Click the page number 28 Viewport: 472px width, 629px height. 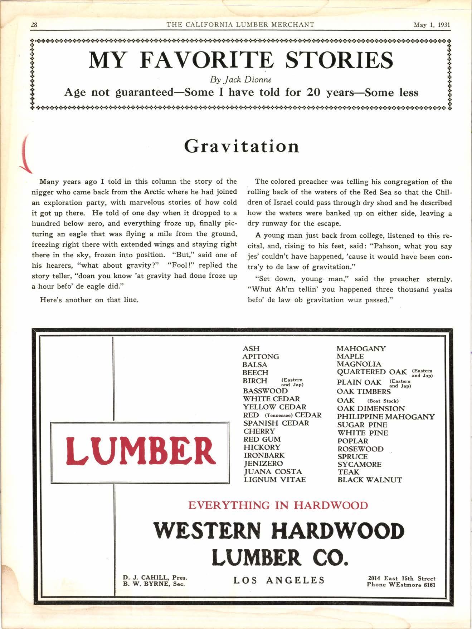(35, 25)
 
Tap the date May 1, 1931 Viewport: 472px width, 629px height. (432, 25)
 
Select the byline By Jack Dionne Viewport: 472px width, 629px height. (241, 80)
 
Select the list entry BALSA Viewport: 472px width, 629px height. (255, 365)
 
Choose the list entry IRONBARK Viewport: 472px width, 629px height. (264, 455)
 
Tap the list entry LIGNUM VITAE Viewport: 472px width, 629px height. (274, 480)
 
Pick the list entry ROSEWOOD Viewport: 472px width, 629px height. (360, 449)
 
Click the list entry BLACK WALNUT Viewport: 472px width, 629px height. (370, 480)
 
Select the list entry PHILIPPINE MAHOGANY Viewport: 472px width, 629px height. (386, 417)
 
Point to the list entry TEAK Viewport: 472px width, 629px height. (348, 472)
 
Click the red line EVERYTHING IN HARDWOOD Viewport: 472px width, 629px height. (278, 505)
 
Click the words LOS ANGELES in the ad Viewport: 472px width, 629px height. (279, 580)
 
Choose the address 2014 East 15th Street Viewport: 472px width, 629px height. (402, 578)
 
